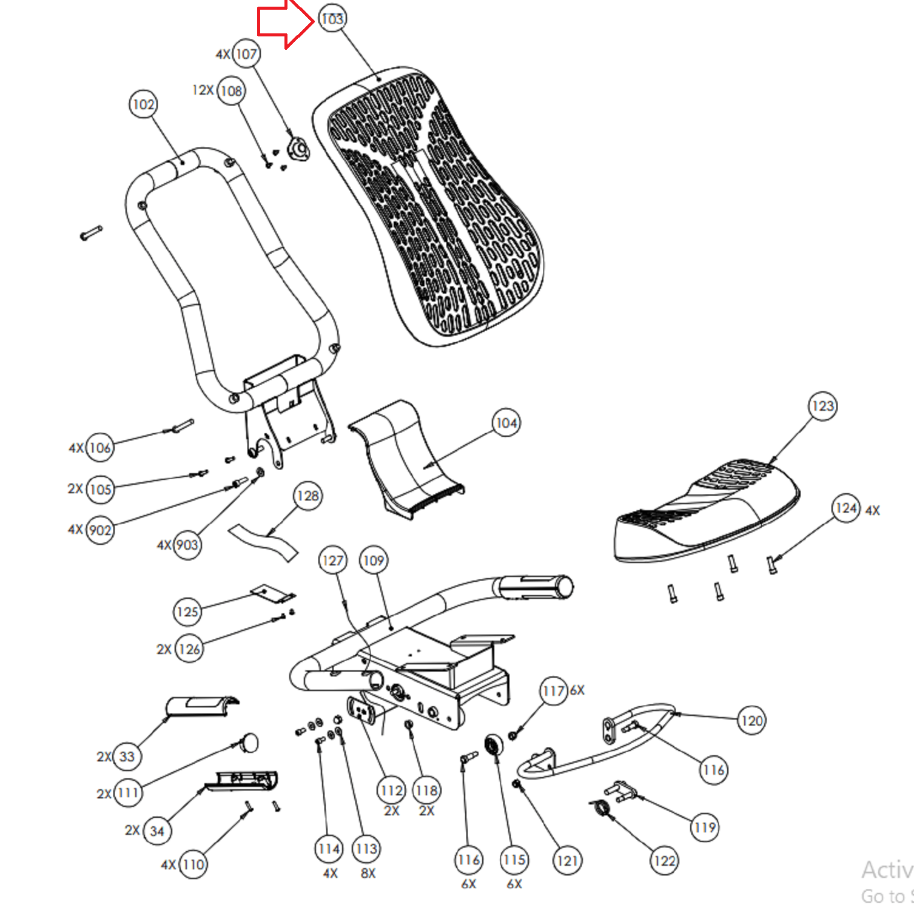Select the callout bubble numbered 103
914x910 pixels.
click(x=332, y=19)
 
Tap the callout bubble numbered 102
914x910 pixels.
click(x=143, y=104)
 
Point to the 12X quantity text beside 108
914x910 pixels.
click(x=203, y=90)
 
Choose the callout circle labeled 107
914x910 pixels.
click(x=246, y=54)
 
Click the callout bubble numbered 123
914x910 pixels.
click(x=822, y=406)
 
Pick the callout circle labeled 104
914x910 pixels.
click(x=506, y=423)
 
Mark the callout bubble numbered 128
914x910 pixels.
click(x=307, y=496)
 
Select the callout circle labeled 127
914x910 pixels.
click(x=332, y=561)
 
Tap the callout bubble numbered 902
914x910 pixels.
click(x=100, y=530)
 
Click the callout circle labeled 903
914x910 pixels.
click(x=187, y=545)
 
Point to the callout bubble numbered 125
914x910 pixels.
click(x=187, y=612)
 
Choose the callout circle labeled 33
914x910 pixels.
click(x=127, y=757)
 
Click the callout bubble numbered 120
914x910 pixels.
click(x=751, y=721)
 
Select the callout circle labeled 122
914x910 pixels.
click(x=664, y=861)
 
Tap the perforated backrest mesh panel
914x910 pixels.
click(x=431, y=206)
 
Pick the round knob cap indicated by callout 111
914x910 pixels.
click(x=249, y=743)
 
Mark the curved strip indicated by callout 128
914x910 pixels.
click(x=264, y=542)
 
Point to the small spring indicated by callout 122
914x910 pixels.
click(x=601, y=807)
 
